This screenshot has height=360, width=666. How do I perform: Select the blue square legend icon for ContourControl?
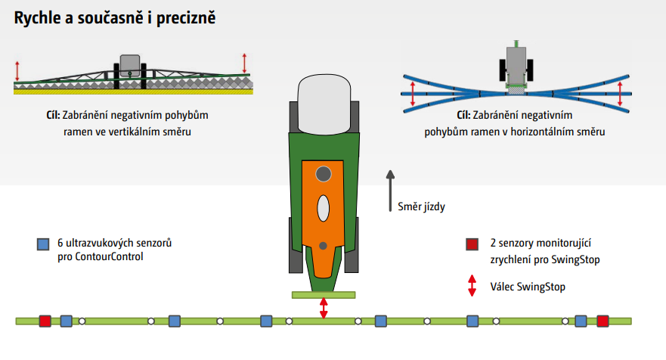(42, 244)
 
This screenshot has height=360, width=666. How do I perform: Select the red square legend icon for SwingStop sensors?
(472, 244)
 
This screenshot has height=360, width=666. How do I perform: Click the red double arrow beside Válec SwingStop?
(472, 284)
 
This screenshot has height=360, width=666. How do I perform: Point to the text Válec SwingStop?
(528, 287)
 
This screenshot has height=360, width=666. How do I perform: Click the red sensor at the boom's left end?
(45, 321)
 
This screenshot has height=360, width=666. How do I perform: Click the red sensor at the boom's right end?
(602, 321)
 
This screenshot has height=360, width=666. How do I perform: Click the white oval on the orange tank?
(323, 207)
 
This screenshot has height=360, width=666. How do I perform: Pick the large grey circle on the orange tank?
(323, 175)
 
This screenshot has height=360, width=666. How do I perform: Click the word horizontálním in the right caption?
(541, 132)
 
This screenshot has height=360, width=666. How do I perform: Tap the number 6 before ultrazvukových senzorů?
(60, 244)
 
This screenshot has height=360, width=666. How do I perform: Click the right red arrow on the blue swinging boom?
(619, 95)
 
